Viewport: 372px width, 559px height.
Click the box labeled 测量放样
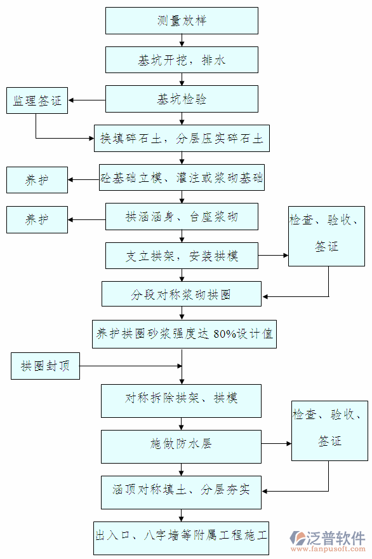tap(182, 21)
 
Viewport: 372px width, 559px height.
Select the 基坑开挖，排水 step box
tap(182, 60)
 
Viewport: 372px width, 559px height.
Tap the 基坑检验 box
tap(182, 99)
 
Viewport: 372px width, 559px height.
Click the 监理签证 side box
tap(37, 100)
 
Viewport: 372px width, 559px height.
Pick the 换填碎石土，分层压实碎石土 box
tap(182, 138)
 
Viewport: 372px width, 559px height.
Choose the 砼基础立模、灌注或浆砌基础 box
tap(182, 178)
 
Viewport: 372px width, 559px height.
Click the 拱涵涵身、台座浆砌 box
tap(182, 217)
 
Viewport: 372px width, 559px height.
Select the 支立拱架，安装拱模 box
tap(182, 256)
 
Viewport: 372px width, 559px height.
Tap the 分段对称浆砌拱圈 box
tap(182, 294)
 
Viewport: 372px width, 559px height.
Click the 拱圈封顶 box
tap(45, 366)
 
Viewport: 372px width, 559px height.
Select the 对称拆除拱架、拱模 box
tap(182, 399)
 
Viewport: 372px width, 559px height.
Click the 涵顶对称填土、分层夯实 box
tap(182, 490)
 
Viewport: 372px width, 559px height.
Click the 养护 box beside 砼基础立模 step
tap(37, 180)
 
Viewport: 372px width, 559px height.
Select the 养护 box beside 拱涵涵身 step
tap(37, 219)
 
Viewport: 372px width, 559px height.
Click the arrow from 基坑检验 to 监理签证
tap(87, 100)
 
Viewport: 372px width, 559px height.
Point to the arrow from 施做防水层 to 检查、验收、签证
tap(276, 444)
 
